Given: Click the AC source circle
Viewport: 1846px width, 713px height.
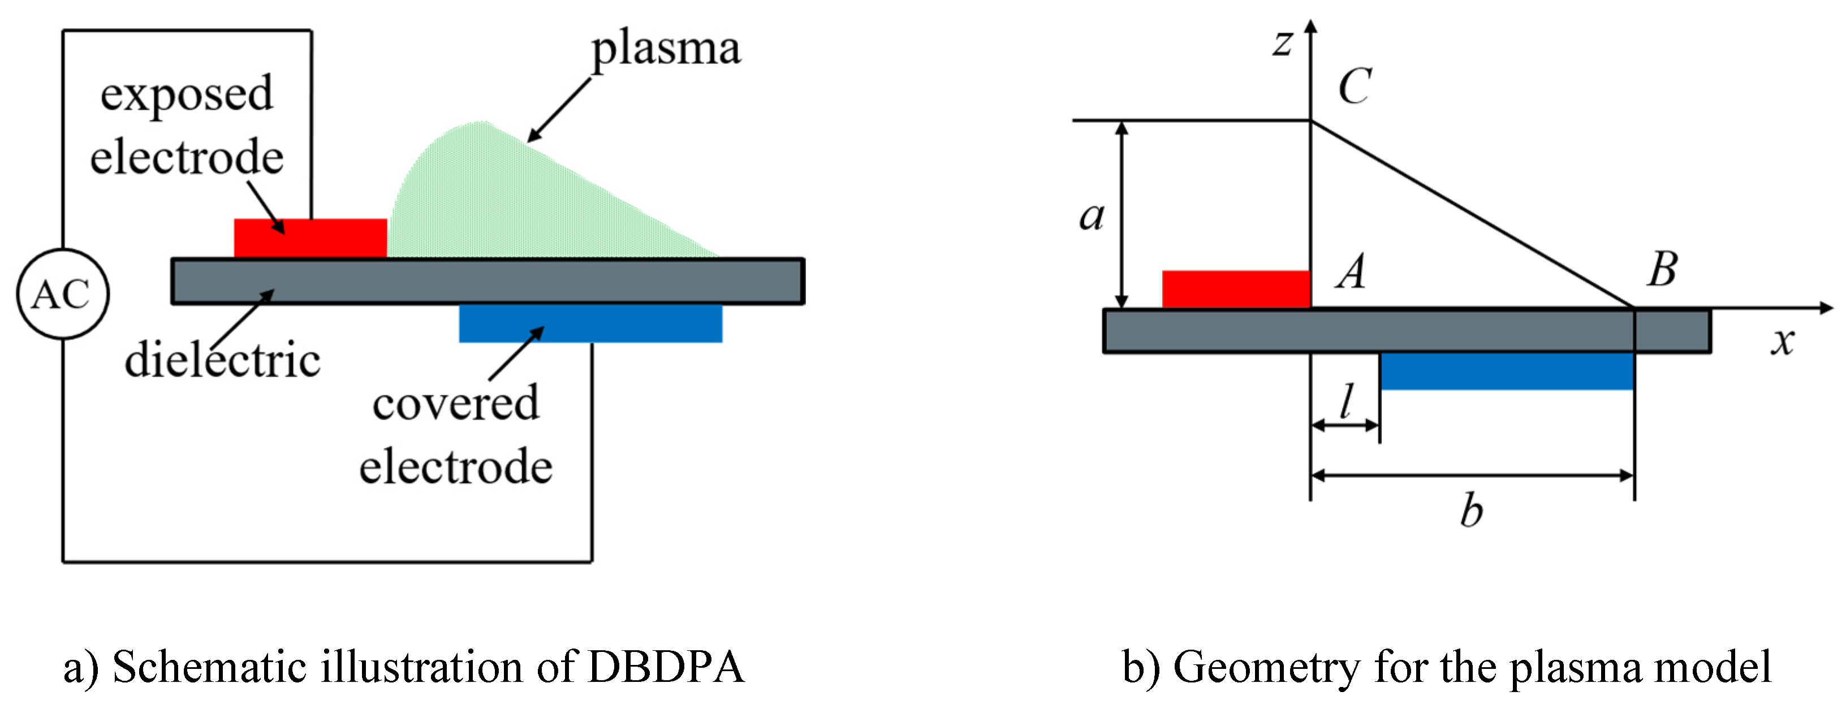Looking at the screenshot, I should tap(63, 294).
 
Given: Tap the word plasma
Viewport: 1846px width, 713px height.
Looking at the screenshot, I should tap(666, 50).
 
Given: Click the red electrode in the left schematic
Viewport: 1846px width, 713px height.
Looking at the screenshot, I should tap(310, 238).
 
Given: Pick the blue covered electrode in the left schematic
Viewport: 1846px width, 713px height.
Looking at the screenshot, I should tap(590, 323).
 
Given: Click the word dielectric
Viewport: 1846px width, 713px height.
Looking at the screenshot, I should tap(222, 360).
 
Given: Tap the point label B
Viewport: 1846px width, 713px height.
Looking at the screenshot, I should tap(1663, 270).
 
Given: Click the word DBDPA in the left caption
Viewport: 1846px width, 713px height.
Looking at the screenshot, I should tap(666, 667).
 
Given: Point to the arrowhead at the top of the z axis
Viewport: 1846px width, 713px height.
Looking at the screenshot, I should tap(1310, 27).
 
